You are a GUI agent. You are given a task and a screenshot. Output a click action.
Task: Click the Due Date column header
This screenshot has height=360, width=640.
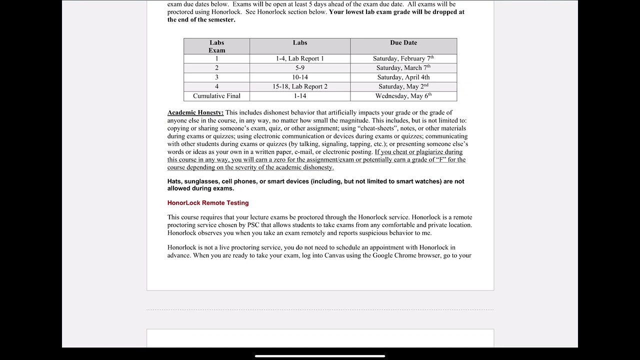[403, 43]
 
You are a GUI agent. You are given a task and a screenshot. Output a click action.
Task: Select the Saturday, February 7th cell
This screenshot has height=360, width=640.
[403, 58]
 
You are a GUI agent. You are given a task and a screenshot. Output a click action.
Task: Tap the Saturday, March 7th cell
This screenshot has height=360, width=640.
[403, 68]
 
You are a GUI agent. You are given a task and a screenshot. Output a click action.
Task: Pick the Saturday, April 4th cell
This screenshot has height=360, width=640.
[403, 77]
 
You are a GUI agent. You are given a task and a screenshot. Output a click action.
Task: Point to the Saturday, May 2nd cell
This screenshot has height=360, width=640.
[403, 86]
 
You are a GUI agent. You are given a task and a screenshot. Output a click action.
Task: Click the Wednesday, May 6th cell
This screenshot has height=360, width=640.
[403, 96]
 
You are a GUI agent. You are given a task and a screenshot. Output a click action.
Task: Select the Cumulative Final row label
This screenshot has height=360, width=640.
[216, 96]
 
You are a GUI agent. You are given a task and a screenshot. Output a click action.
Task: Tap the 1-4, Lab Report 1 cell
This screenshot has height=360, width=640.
[299, 58]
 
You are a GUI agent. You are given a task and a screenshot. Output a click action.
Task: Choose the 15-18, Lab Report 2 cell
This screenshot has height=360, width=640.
[299, 86]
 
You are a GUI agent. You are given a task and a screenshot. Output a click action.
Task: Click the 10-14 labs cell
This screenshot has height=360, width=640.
[299, 77]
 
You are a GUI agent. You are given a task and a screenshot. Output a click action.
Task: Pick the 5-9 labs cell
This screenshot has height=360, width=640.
[299, 68]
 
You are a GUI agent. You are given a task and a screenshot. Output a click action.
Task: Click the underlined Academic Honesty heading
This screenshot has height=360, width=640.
[195, 112]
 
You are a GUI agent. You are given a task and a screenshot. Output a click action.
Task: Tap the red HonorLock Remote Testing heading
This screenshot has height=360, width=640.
[208, 203]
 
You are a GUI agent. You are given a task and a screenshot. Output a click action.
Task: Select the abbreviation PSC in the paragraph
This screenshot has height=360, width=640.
[254, 225]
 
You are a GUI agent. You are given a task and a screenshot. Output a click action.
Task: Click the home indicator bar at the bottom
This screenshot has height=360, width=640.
[320, 356]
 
